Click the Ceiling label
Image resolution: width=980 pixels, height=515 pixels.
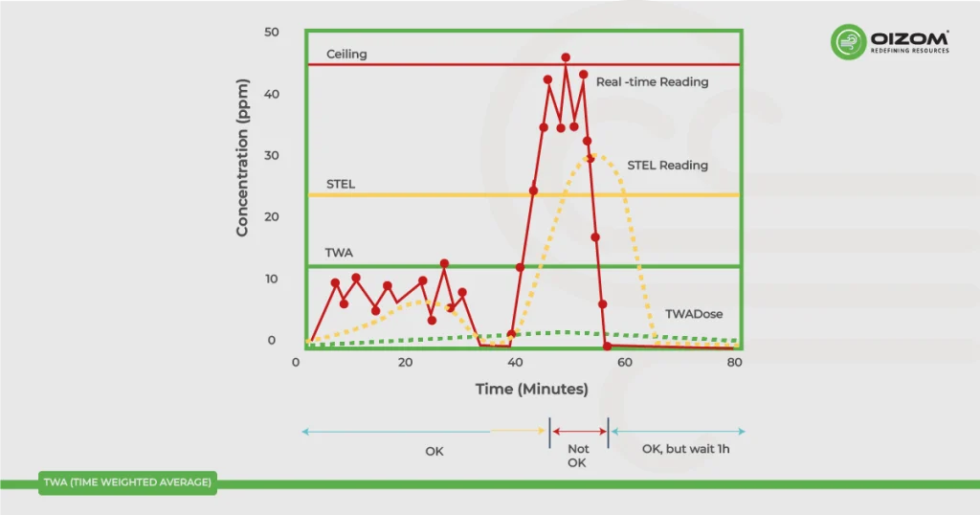(x=346, y=55)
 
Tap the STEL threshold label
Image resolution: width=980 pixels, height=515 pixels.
(x=341, y=184)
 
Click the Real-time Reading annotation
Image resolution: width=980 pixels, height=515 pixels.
(x=652, y=82)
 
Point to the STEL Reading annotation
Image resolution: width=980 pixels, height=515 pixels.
(x=667, y=166)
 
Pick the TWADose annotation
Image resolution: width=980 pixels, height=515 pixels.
(x=694, y=315)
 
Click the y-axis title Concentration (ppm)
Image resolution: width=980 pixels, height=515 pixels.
(x=243, y=158)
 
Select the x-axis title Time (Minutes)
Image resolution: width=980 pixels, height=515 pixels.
(x=532, y=390)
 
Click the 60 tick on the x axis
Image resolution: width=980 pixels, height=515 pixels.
(x=625, y=364)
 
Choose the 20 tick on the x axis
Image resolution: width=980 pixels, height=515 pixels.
(x=405, y=364)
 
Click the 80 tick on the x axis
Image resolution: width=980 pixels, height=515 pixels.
(x=735, y=364)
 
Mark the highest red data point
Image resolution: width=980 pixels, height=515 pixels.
(x=566, y=57)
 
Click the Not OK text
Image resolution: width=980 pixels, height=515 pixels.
(x=578, y=456)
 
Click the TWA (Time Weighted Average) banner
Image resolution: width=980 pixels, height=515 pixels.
(x=127, y=482)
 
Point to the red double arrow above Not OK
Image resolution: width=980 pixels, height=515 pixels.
(x=578, y=432)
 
